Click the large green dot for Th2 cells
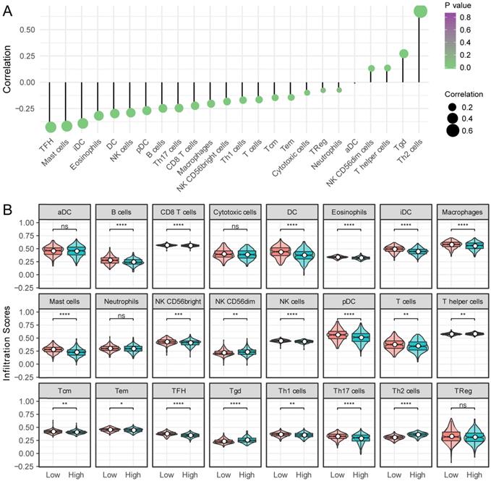pyautogui.click(x=420, y=11)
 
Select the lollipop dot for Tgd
pyautogui.click(x=404, y=54)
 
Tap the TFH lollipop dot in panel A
pyautogui.click(x=51, y=127)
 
